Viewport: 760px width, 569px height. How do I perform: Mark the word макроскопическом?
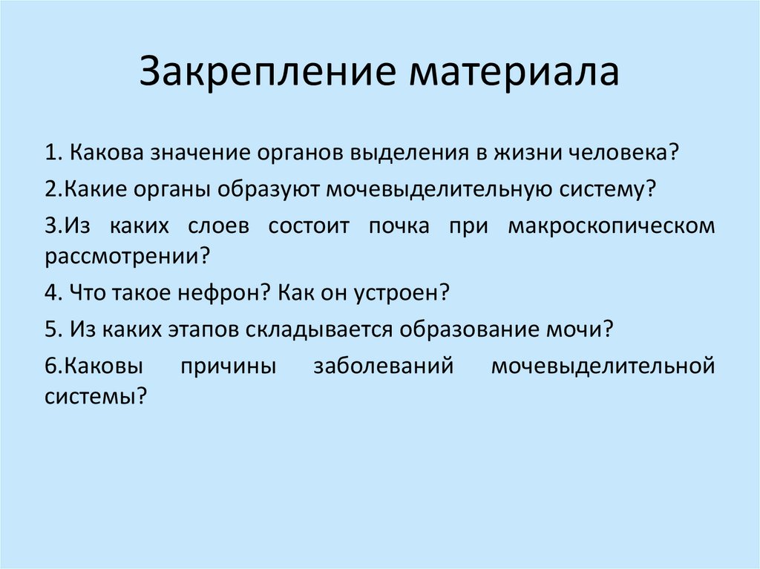coord(612,225)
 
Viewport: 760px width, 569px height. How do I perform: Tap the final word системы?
coord(93,396)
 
